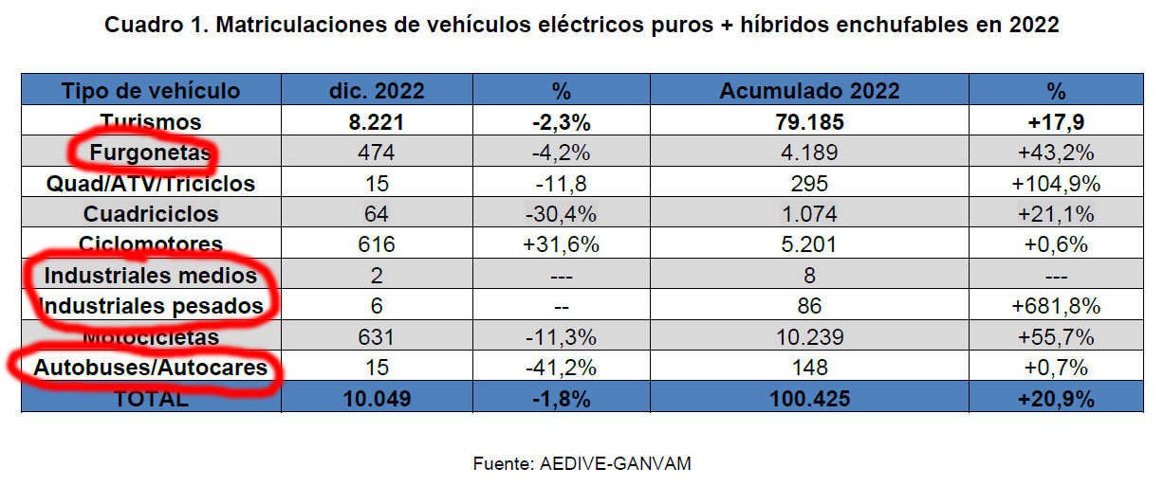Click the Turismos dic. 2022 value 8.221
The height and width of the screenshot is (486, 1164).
point(377,122)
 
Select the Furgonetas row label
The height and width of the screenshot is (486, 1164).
point(151,153)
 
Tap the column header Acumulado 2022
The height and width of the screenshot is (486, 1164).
point(809,91)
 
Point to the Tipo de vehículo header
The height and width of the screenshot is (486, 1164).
point(151,91)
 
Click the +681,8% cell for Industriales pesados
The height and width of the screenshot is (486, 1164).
point(1056,306)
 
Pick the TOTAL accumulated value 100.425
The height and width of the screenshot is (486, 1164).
point(809,399)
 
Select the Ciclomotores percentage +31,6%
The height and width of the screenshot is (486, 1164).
point(561,244)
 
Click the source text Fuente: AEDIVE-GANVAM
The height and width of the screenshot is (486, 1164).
point(582,464)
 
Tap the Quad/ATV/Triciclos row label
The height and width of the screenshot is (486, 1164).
point(151,183)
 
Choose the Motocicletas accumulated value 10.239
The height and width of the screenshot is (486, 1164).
point(809,337)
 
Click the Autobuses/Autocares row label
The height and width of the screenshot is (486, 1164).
point(151,368)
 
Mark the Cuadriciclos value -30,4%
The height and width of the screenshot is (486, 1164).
point(561,214)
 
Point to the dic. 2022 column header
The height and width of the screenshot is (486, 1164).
point(377,91)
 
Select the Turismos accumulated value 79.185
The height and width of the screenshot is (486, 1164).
point(809,122)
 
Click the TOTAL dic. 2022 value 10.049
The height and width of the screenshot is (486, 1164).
point(377,399)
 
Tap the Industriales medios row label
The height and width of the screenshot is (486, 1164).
point(151,276)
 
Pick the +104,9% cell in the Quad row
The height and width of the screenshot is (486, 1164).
point(1056,183)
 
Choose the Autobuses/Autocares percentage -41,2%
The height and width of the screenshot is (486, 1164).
point(561,368)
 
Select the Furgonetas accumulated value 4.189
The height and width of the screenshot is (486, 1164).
point(809,153)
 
